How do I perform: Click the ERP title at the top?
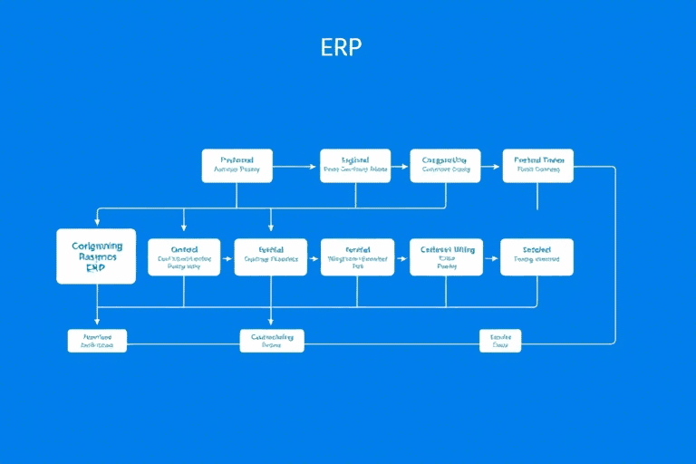341,48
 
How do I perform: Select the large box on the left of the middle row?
96,256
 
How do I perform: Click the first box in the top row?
237,166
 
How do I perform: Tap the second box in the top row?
355,166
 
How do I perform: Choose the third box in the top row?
446,166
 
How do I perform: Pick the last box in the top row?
538,166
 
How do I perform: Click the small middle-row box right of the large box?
184,257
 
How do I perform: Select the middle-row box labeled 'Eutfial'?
271,257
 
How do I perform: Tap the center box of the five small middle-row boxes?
358,257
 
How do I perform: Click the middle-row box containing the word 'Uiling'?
444,257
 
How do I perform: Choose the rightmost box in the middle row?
536,257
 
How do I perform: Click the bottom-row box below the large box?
97,341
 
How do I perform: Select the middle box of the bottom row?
272,341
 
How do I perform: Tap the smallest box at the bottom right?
500,341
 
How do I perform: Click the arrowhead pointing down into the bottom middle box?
272,324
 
